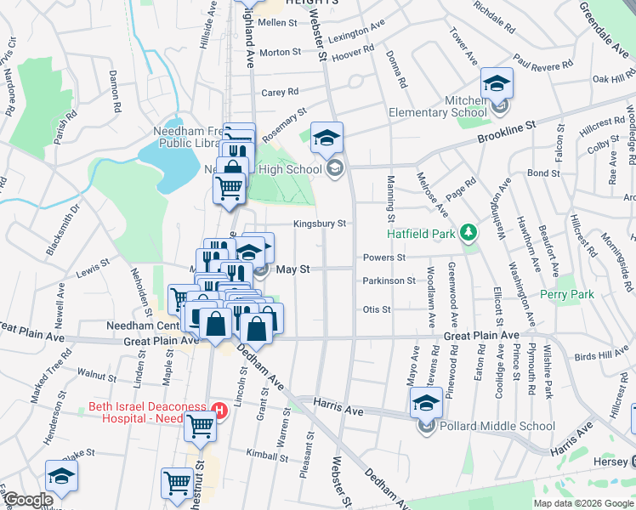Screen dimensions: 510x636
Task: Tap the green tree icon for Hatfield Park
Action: point(467,232)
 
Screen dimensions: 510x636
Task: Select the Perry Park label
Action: point(566,294)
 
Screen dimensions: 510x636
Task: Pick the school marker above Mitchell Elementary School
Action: point(497,84)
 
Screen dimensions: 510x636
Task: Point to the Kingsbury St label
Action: point(320,224)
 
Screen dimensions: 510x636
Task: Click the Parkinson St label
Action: point(389,280)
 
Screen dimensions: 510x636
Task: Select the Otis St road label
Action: point(376,309)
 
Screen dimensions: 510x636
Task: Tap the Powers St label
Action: point(384,257)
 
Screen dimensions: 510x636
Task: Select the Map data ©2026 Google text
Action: point(582,503)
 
